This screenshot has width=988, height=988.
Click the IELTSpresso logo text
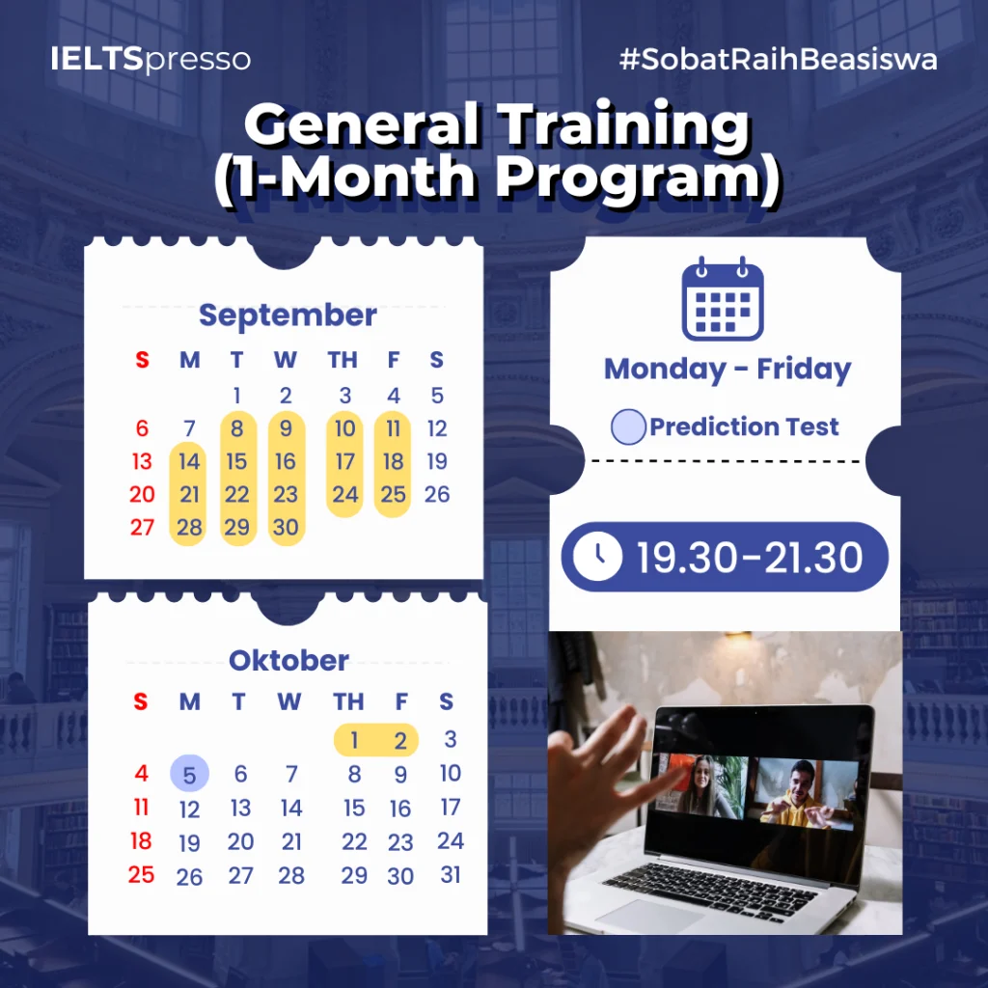[151, 59]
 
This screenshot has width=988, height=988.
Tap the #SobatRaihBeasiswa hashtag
[779, 59]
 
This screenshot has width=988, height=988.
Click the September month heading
[288, 316]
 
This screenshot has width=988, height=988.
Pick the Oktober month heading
[288, 660]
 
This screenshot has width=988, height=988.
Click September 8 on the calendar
[237, 428]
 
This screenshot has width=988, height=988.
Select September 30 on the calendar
[286, 527]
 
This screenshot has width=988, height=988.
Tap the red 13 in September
[143, 461]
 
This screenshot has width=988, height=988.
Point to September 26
[437, 494]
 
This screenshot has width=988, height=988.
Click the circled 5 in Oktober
[190, 774]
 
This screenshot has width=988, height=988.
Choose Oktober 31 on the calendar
[451, 874]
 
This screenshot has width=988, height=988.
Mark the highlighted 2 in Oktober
[400, 740]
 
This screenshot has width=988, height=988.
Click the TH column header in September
[343, 360]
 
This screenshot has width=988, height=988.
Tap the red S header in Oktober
[141, 701]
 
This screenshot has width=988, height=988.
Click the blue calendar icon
[723, 299]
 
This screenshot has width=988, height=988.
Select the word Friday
[804, 370]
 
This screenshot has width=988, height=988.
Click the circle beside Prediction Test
[628, 426]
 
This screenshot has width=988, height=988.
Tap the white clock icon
[597, 557]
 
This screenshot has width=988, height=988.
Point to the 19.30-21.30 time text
[750, 557]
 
